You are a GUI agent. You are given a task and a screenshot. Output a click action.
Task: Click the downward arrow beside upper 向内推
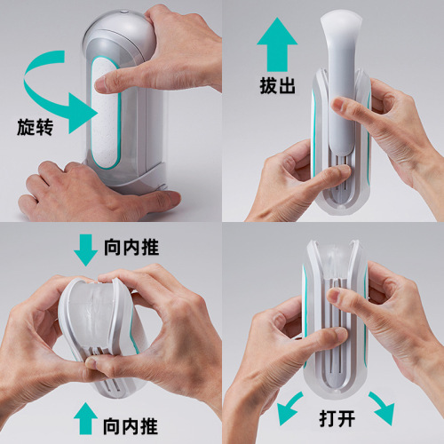tap(86, 250)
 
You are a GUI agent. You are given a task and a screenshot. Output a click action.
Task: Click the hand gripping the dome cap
tap(186, 44)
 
